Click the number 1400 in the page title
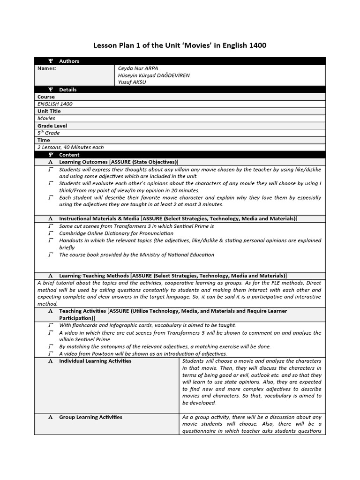256,45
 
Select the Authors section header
69,61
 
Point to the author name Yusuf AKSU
132,82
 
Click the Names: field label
46,68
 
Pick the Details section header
67,90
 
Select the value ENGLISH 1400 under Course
55,104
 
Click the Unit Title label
49,111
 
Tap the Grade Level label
52,126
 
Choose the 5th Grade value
48,133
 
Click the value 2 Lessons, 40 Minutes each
71,147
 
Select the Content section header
69,155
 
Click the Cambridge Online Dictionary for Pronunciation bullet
116,233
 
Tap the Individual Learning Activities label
95,361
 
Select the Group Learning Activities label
90,417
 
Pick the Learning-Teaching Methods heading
94,276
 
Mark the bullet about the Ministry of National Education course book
136,255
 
